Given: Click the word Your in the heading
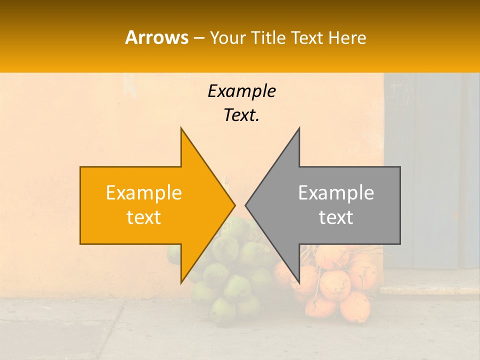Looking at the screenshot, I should click(x=227, y=38).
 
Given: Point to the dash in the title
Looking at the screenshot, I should click(x=198, y=38).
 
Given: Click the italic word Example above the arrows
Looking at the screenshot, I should click(x=241, y=91).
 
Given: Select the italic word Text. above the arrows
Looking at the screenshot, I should click(x=241, y=115).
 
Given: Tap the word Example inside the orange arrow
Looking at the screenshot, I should click(x=144, y=193).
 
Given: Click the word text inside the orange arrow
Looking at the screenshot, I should click(x=144, y=217).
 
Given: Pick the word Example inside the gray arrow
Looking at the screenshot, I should click(x=336, y=193).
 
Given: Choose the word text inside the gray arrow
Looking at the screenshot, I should click(x=336, y=217).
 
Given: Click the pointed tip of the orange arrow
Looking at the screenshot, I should click(x=233, y=205).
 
